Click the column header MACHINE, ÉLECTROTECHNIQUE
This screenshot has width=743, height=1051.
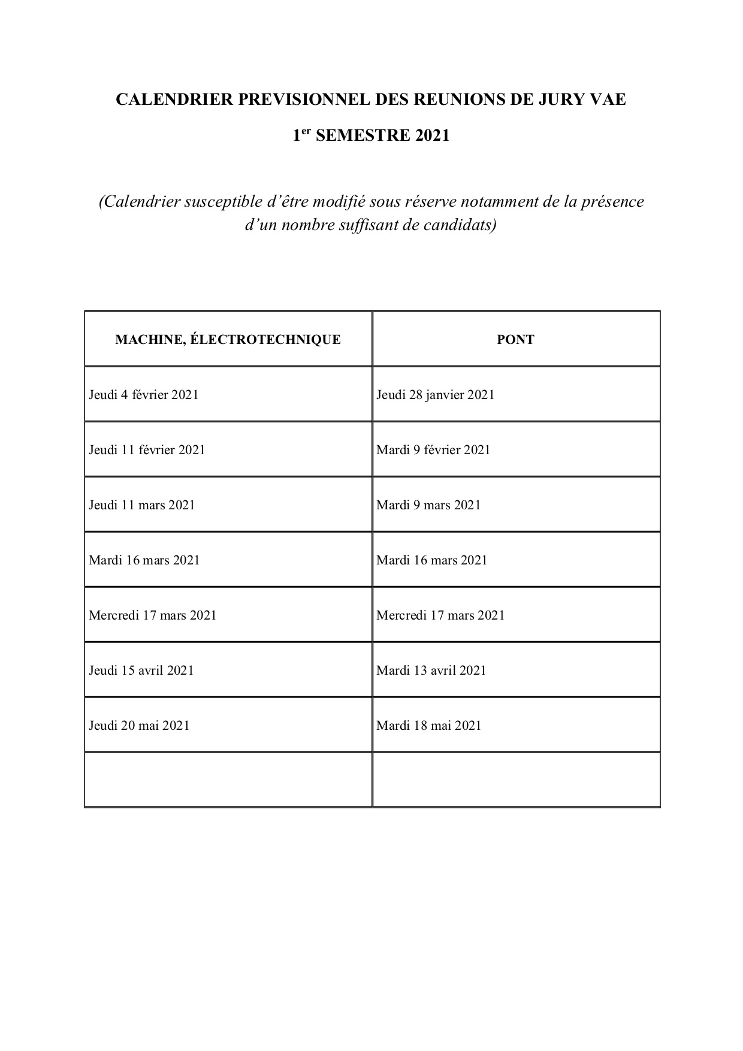coord(228,340)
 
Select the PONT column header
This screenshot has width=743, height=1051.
coord(515,340)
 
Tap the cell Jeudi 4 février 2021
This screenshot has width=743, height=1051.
coord(144,395)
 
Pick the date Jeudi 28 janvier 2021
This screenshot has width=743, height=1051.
coord(436,395)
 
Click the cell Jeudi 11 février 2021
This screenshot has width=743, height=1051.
coord(147,450)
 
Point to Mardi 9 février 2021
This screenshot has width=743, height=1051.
coord(433,450)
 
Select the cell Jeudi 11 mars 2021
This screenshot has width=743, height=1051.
coord(142,505)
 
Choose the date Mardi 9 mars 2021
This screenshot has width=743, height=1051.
coord(428,505)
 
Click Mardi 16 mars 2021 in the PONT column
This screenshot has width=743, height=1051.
coord(432,560)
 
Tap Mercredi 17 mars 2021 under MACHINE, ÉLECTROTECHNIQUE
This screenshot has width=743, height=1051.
coord(153,615)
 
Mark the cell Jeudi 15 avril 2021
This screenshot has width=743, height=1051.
coord(141,671)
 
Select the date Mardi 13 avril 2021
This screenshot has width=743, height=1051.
coord(431,671)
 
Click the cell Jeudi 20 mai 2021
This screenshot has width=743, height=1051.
coord(139,726)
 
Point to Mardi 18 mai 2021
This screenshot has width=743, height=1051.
coord(429,726)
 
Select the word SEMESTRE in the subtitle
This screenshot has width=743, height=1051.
coord(354,135)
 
